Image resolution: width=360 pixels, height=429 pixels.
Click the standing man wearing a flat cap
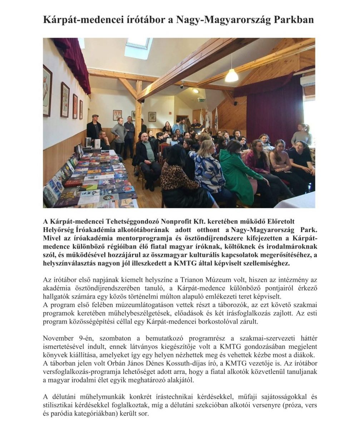coord(94,129)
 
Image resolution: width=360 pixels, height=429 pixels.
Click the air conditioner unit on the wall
coord(308,81)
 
